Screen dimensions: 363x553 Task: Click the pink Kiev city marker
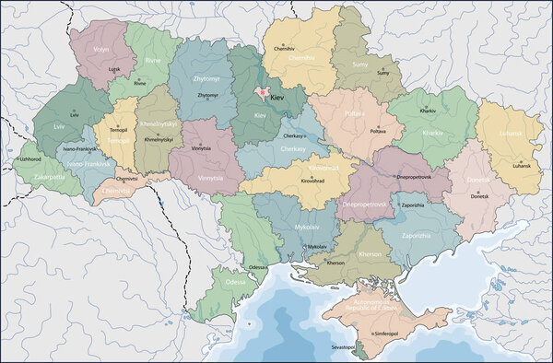pos(262,94)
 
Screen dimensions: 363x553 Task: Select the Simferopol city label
pos(388,334)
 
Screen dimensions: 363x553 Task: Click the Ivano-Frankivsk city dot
pos(79,142)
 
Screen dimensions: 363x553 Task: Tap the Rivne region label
pos(152,61)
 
